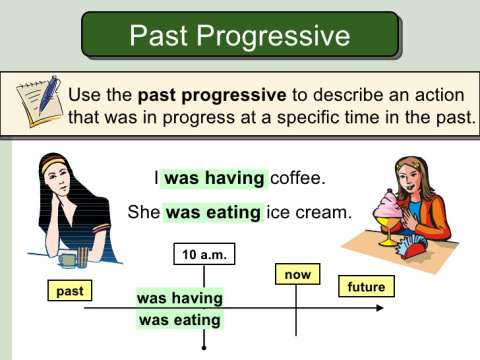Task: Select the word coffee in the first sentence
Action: (298, 179)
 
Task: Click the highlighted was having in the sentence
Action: (215, 179)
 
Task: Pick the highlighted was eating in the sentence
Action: (214, 212)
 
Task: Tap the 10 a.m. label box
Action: (204, 254)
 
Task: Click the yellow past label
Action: (70, 290)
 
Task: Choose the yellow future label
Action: (366, 288)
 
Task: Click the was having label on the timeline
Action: (180, 298)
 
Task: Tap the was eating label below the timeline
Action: (180, 320)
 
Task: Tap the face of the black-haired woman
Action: (68, 187)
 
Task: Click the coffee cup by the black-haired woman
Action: (68, 259)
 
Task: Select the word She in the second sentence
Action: (144, 212)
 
